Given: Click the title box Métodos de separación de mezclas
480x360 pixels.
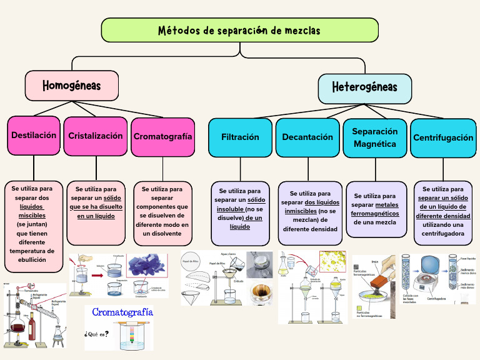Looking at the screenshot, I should pyautogui.click(x=239, y=31).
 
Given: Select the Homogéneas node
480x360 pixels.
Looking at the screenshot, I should pyautogui.click(x=71, y=85).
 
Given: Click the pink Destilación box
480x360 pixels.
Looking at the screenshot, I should pyautogui.click(x=34, y=135).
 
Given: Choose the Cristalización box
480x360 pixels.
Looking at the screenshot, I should pyautogui.click(x=96, y=136).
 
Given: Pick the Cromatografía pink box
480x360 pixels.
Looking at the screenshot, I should pyautogui.click(x=162, y=136).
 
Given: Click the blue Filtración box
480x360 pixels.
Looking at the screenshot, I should pyautogui.click(x=240, y=137).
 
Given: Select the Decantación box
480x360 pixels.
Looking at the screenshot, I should pyautogui.click(x=307, y=137).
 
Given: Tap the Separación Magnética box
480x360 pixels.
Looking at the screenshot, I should pyautogui.click(x=374, y=137).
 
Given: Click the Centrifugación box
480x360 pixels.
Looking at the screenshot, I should pyautogui.click(x=443, y=137).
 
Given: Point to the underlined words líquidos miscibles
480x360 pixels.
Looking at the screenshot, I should pyautogui.click(x=32, y=211).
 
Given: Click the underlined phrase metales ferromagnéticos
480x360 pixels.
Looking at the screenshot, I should pyautogui.click(x=375, y=209).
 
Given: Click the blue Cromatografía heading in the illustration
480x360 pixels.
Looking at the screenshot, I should pyautogui.click(x=122, y=312).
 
